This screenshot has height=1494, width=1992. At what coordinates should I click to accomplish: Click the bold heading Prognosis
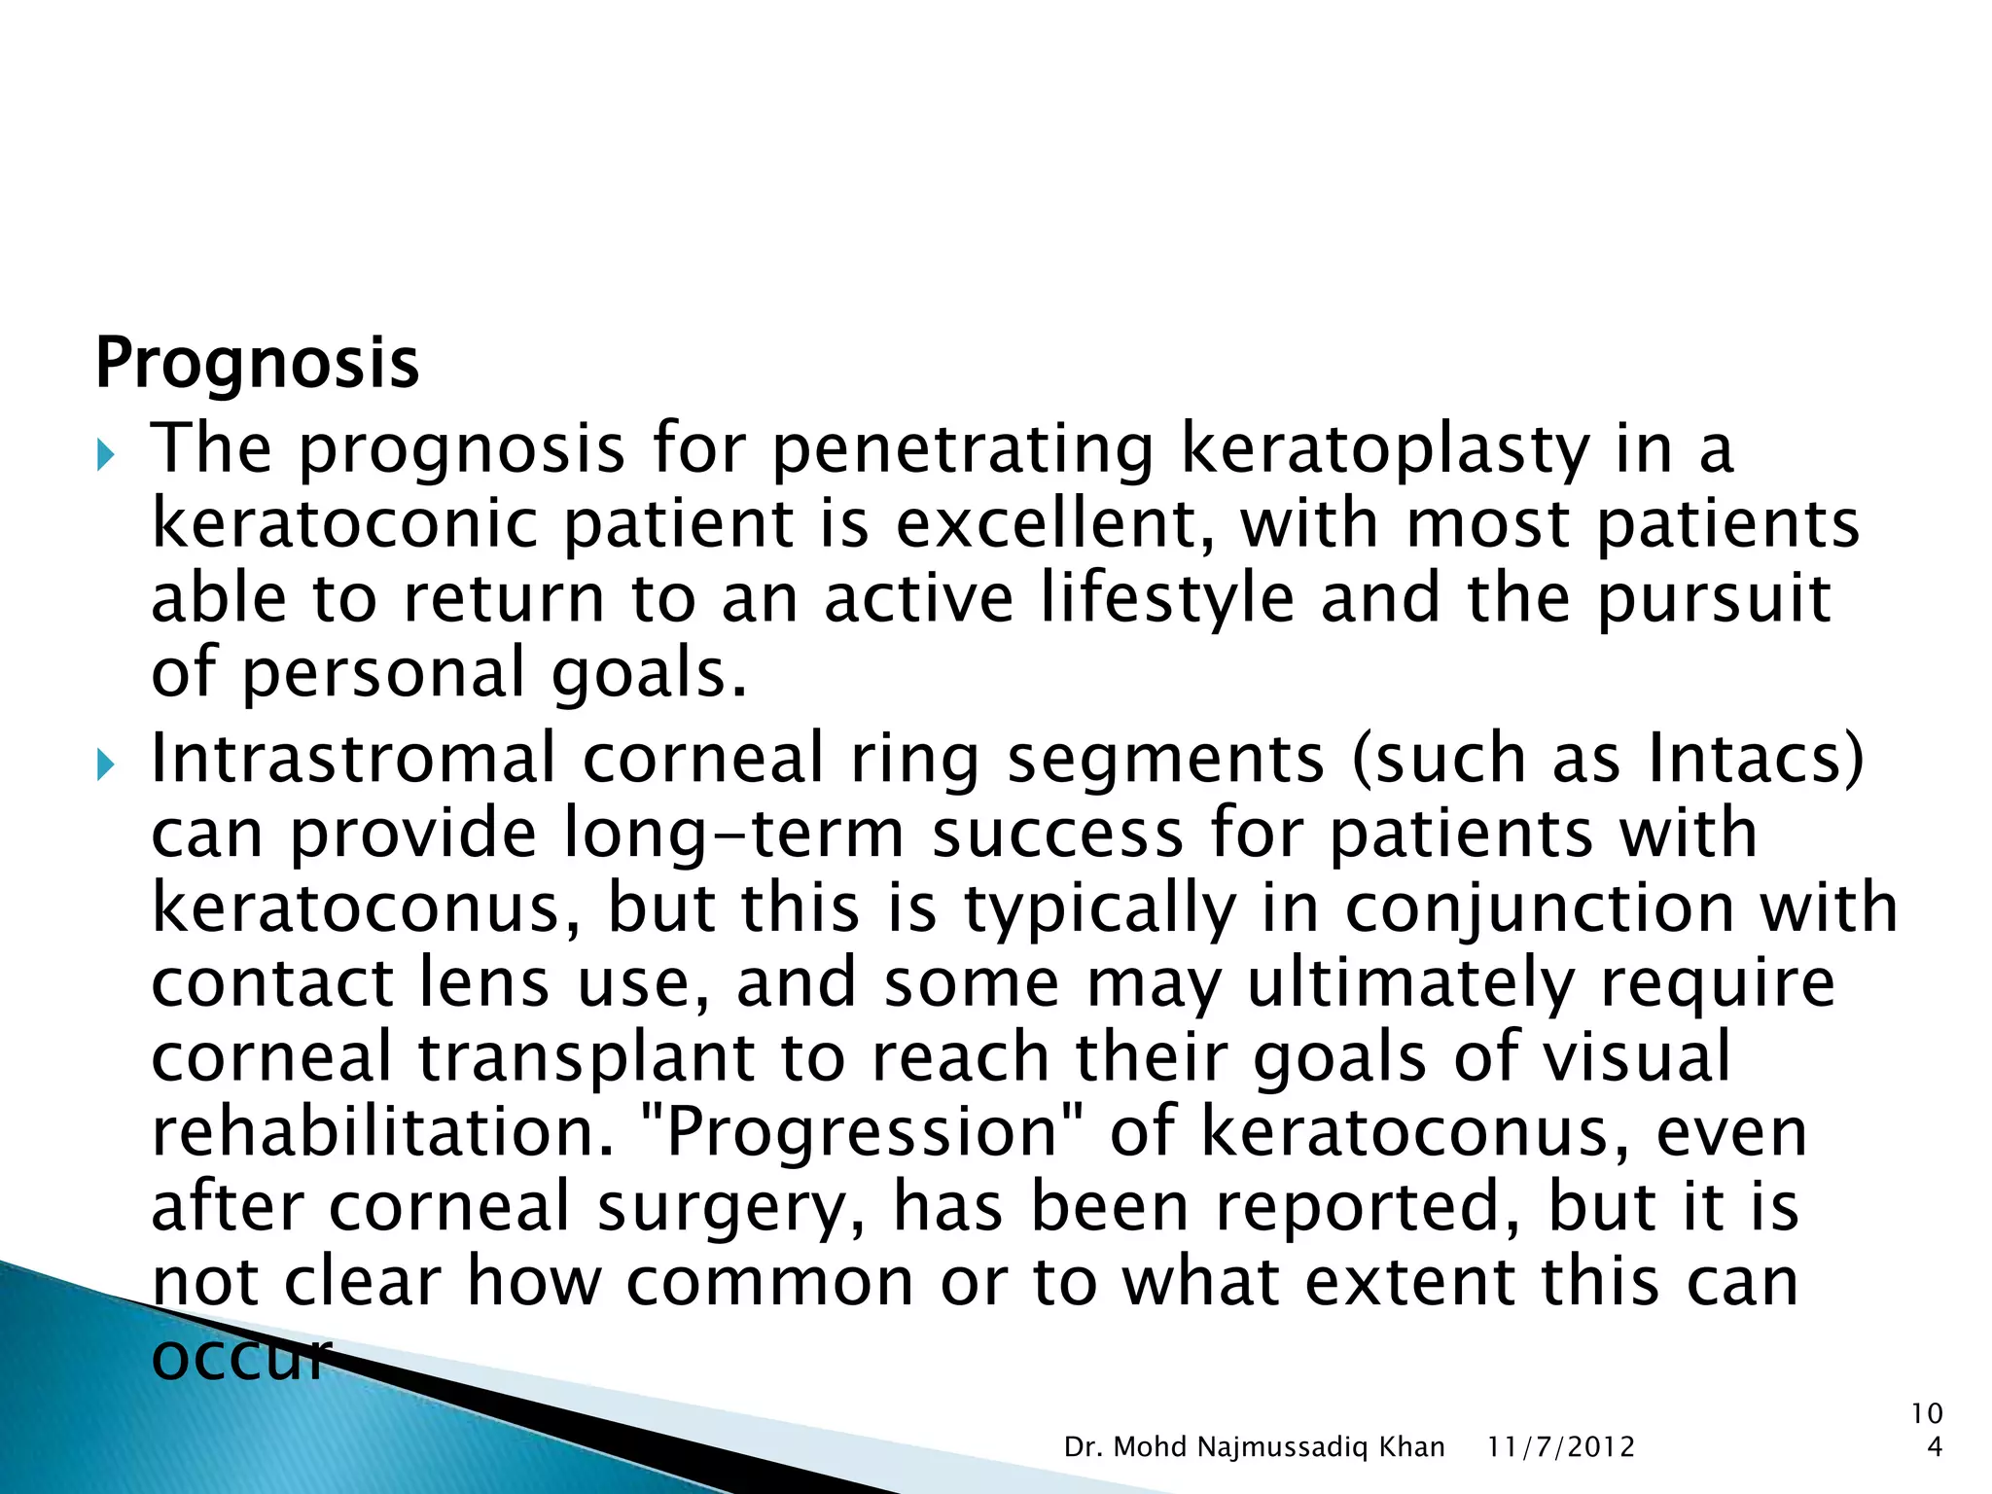(x=257, y=364)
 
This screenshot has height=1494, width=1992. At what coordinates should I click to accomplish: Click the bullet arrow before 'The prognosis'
(x=106, y=454)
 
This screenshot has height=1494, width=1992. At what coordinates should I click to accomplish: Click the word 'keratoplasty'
(x=1384, y=449)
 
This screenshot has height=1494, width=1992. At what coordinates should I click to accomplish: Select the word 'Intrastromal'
(x=353, y=759)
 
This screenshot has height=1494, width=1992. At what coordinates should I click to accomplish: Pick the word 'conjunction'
(x=1540, y=908)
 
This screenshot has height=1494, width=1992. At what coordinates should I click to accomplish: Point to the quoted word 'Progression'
(x=861, y=1132)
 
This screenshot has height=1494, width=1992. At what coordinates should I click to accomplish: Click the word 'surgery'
(x=730, y=1208)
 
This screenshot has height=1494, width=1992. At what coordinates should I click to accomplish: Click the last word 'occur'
(x=241, y=1358)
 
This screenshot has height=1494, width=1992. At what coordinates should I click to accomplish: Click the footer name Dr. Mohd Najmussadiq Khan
(x=1254, y=1447)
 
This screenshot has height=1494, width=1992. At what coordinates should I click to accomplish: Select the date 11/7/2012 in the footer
(x=1560, y=1447)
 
